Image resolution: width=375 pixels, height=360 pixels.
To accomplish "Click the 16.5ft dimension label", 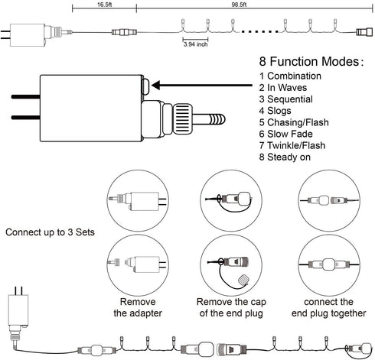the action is pyautogui.click(x=105, y=5).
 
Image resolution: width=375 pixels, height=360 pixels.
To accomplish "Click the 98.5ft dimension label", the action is pyautogui.click(x=239, y=5).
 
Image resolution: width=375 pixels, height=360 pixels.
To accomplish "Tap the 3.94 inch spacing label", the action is pyautogui.click(x=195, y=44).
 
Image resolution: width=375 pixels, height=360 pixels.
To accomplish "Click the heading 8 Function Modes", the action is pyautogui.click(x=311, y=62).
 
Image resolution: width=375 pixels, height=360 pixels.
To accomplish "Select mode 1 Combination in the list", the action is pyautogui.click(x=290, y=76).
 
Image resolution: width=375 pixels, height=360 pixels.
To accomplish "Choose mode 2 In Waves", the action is pyautogui.click(x=283, y=88).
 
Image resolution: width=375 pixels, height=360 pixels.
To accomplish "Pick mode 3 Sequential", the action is pyautogui.click(x=286, y=99).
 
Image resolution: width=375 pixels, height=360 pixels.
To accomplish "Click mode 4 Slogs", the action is pyautogui.click(x=276, y=111).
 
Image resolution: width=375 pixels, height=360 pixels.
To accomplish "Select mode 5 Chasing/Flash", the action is pyautogui.click(x=294, y=122).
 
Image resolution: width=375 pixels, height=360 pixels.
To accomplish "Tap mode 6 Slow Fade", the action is pyautogui.click(x=286, y=134).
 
